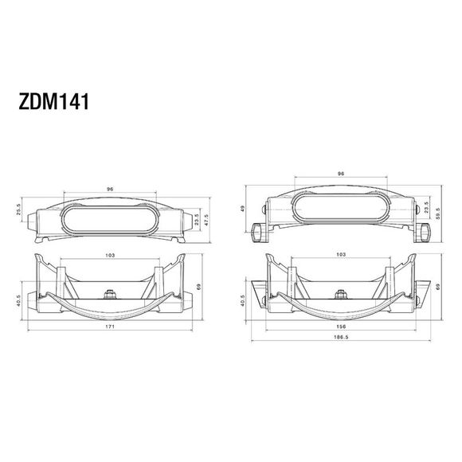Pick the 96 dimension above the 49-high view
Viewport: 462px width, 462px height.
[341, 172]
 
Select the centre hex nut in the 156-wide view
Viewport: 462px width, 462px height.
[341, 292]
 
